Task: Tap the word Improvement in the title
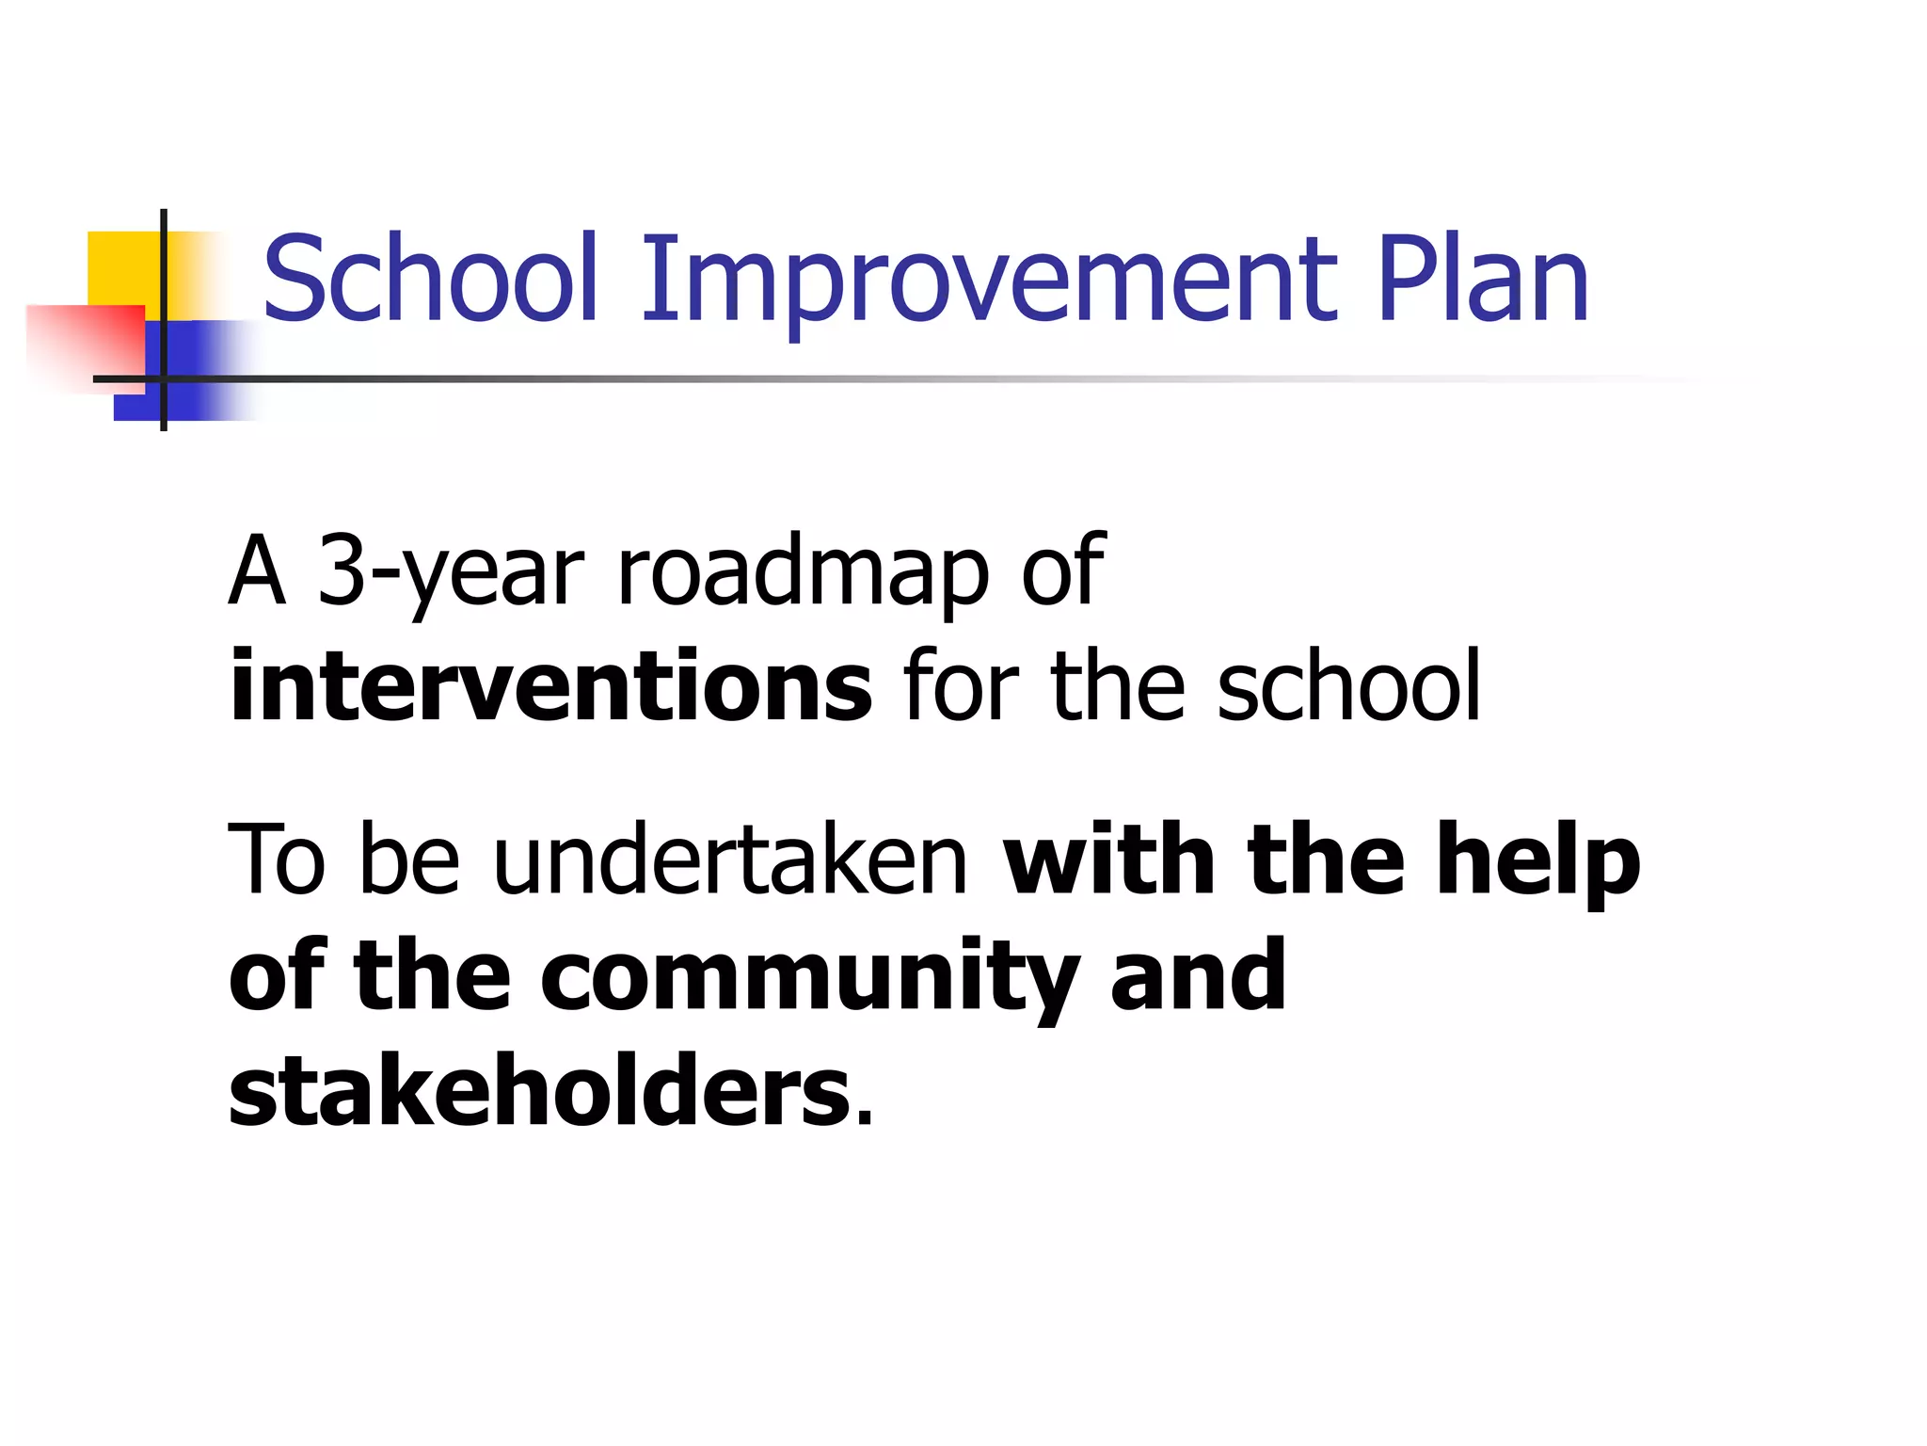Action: click(988, 279)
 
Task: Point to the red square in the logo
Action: click(85, 344)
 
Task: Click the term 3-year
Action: click(451, 570)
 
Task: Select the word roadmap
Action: click(802, 570)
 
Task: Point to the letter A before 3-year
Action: click(256, 570)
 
